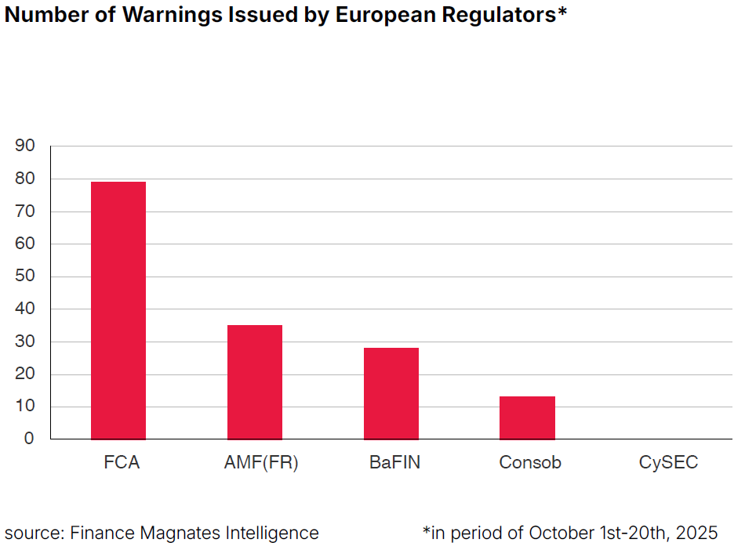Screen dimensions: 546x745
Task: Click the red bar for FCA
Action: pos(118,310)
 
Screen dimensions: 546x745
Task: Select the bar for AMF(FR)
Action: pos(255,382)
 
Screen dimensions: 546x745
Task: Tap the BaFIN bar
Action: pos(391,393)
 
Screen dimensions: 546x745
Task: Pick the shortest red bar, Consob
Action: pos(527,418)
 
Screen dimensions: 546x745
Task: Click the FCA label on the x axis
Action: pos(122,462)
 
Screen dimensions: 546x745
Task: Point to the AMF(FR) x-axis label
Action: pos(261,462)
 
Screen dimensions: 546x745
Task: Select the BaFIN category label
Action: pos(394,462)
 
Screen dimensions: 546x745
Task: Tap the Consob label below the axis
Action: pos(530,462)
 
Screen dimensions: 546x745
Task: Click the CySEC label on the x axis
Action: pos(668,462)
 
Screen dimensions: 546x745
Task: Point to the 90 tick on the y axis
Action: pos(24,146)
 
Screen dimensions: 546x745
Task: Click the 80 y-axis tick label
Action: pos(24,179)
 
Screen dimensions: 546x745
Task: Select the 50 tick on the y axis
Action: pos(24,277)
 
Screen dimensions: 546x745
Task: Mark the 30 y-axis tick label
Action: pos(24,342)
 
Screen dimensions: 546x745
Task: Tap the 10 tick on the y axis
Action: pos(24,407)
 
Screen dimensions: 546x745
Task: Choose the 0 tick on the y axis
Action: pos(29,439)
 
